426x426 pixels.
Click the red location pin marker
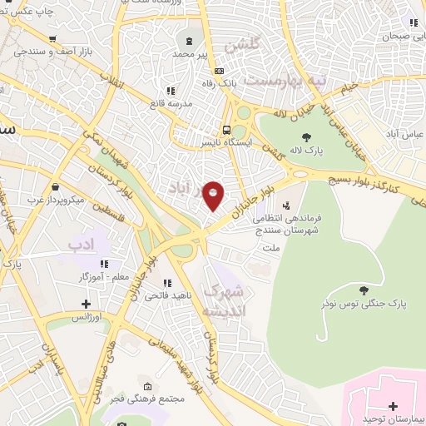click(214, 196)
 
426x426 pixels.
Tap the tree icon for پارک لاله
click(306, 137)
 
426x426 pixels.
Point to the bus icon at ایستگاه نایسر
click(227, 130)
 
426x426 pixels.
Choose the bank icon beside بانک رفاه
click(220, 72)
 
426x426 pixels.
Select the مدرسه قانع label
click(170, 103)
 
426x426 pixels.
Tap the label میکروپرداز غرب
click(54, 200)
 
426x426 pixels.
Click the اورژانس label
click(85, 317)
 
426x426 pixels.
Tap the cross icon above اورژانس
click(85, 304)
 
